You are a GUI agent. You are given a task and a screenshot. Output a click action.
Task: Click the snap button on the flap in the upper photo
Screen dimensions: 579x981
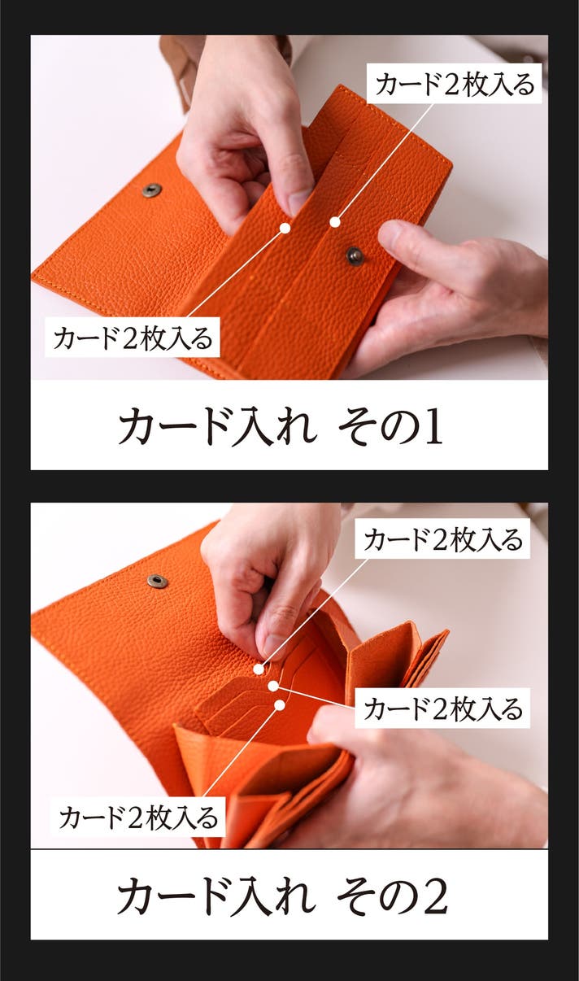click(151, 190)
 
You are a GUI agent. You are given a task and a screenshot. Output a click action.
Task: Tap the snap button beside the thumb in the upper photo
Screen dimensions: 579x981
click(355, 255)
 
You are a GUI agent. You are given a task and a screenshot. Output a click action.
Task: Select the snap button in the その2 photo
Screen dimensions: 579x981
click(157, 581)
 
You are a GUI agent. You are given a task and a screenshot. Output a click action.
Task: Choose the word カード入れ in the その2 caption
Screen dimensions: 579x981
click(216, 896)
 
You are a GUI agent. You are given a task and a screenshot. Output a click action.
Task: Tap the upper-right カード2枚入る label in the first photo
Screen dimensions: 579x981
click(455, 84)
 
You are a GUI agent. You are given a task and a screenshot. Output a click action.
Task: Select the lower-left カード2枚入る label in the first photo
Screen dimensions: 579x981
click(133, 338)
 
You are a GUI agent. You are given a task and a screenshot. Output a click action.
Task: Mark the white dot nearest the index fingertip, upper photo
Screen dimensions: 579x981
click(285, 228)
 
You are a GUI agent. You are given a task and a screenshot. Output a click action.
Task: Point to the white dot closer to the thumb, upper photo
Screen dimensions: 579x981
click(335, 223)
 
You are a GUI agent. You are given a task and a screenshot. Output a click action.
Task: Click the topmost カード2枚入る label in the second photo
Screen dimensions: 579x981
click(442, 538)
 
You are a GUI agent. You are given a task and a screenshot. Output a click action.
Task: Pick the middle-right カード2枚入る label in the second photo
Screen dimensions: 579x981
click(442, 708)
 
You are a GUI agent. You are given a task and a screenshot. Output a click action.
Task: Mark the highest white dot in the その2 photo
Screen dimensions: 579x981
click(259, 669)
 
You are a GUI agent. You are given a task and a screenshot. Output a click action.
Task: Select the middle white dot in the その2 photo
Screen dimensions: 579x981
click(273, 686)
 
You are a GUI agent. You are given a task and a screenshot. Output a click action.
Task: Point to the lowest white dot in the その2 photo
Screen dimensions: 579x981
click(280, 704)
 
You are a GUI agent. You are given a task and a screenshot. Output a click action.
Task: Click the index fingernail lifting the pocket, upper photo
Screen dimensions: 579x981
click(298, 202)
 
